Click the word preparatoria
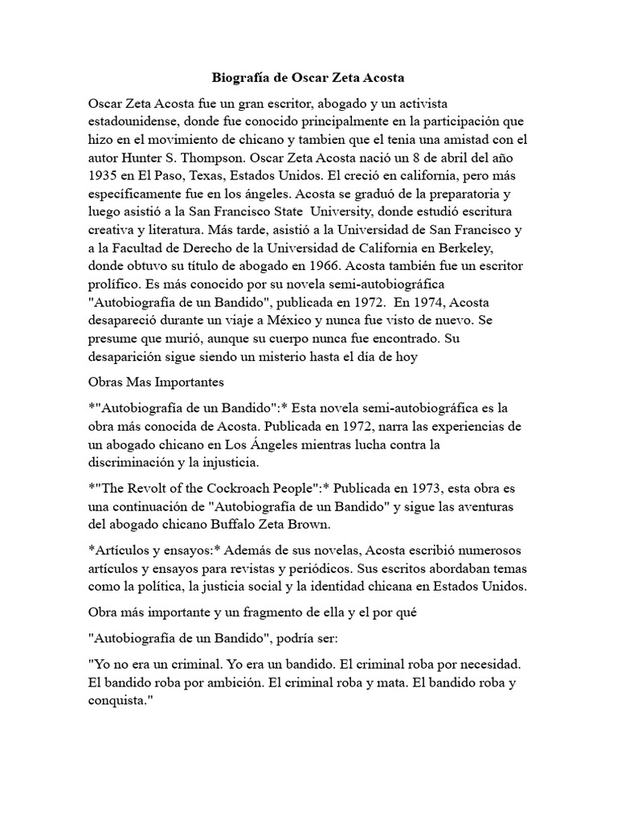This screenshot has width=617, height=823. click(474, 214)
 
